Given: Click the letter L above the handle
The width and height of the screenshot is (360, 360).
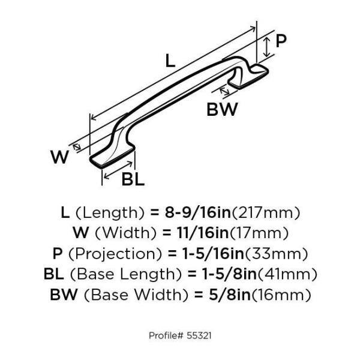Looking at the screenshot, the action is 170,61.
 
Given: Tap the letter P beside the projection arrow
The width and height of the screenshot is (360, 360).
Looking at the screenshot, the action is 281,41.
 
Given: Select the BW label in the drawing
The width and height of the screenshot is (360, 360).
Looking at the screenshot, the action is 222,110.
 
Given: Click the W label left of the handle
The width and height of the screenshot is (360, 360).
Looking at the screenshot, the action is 59,157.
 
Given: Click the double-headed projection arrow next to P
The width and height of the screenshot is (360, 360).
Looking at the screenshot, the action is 266,47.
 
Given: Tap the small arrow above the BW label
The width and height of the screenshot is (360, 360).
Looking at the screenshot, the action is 224,91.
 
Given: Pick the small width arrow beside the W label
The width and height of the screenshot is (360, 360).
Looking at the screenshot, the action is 77,147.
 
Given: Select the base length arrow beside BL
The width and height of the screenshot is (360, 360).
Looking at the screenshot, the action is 118,170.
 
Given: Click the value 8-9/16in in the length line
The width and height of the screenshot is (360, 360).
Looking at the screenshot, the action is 197,212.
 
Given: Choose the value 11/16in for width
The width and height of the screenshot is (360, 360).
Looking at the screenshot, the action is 203,233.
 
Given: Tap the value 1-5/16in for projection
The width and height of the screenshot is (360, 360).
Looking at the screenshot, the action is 213,254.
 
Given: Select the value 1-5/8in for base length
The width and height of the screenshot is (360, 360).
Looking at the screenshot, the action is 229,274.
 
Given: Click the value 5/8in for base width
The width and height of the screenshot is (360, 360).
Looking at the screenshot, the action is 230,295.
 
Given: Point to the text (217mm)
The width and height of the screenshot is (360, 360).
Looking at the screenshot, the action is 266,213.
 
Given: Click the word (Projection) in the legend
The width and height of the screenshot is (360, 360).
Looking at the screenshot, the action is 115,254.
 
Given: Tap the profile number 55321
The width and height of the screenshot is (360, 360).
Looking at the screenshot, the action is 199,335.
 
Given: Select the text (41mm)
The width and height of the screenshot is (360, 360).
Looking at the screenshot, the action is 287,274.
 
